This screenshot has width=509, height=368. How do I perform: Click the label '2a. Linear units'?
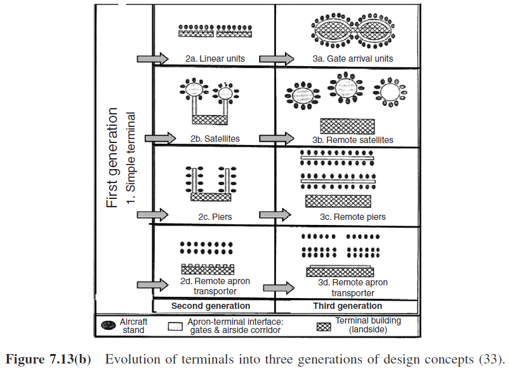coord(215,58)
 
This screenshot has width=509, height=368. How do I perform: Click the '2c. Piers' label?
coord(215,217)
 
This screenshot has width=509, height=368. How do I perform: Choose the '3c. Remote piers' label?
coord(353,217)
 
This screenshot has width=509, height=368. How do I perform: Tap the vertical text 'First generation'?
coord(112,158)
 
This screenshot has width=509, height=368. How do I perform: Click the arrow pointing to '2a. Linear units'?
coord(152,58)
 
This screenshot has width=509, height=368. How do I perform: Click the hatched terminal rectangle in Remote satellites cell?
coord(347,125)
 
